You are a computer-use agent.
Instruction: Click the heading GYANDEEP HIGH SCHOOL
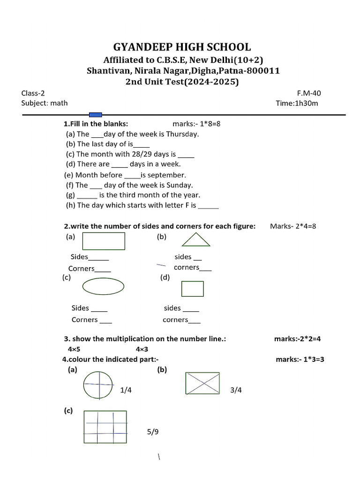click(182, 47)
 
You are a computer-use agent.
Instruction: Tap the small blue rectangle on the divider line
click(95, 114)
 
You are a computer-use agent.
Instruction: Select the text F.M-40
click(309, 93)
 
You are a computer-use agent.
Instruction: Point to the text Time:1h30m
click(297, 103)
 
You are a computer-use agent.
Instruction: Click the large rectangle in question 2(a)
click(104, 241)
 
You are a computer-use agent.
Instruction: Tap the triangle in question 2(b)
click(196, 240)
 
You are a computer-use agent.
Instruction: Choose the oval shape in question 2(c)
click(104, 286)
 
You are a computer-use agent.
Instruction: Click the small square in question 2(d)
click(193, 289)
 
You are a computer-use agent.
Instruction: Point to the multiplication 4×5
click(74, 349)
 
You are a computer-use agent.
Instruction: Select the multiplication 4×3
click(142, 349)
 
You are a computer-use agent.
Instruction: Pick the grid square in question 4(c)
click(105, 427)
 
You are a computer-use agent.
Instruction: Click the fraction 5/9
click(152, 432)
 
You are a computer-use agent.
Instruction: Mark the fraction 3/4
click(236, 390)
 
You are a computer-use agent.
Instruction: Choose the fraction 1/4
click(126, 390)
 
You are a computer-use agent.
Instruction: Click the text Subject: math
click(45, 103)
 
